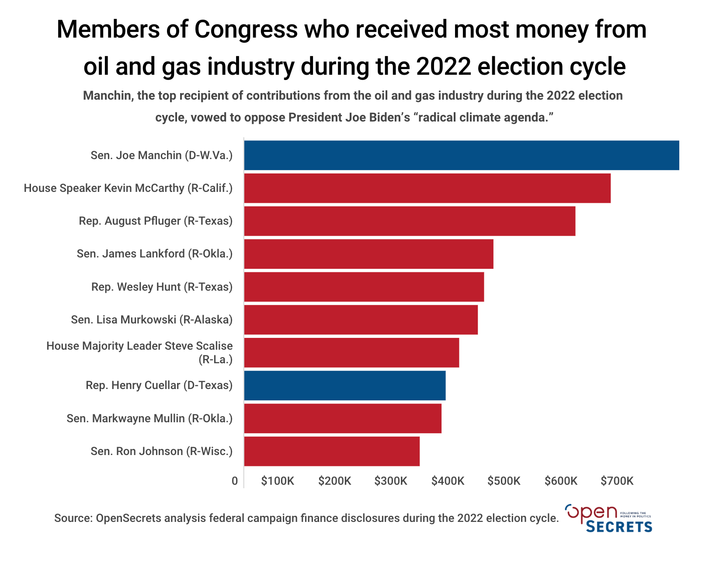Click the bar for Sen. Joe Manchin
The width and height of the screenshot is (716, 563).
point(461,155)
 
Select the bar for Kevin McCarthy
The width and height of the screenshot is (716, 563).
point(427,188)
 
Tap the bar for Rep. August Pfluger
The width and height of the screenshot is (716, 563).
point(410,221)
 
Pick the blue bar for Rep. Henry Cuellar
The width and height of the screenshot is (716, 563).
point(344,386)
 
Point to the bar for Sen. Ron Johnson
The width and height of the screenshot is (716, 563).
point(332,451)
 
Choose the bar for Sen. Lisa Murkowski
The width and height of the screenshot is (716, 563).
point(361,320)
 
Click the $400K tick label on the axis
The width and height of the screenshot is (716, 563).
point(448,481)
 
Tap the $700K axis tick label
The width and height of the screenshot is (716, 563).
point(617,481)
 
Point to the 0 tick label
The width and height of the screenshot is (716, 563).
point(235,481)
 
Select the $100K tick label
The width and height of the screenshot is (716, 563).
point(278,481)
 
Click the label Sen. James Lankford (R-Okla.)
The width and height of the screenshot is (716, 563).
point(155,254)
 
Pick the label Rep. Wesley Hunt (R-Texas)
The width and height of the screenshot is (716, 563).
point(162,287)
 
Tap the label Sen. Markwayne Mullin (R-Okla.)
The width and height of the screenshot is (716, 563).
point(149,418)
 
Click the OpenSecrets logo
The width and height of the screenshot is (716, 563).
point(608,518)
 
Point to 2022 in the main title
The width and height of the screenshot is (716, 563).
point(444,67)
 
